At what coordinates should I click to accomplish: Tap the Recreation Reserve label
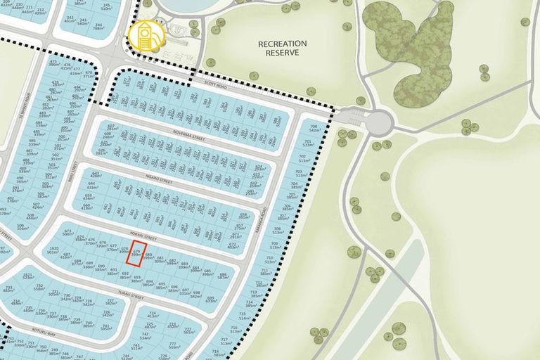[x=283, y=48]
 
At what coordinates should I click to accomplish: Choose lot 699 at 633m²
[x=211, y=298]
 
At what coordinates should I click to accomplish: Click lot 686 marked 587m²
[x=224, y=276]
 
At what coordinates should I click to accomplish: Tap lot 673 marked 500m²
[x=68, y=233]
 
